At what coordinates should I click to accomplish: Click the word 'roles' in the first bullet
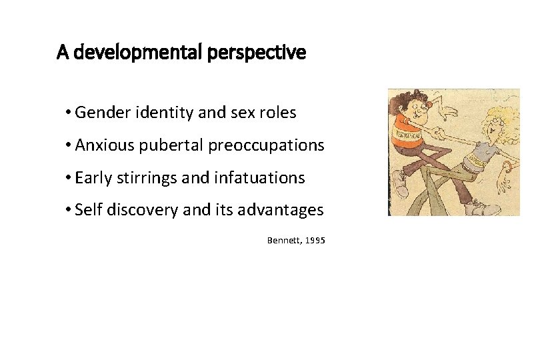point(279,113)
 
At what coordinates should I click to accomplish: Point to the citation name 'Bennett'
point(283,240)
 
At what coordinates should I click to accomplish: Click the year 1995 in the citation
point(315,240)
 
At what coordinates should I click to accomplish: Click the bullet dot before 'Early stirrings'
point(69,179)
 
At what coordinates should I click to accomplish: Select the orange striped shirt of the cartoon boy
point(409,133)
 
